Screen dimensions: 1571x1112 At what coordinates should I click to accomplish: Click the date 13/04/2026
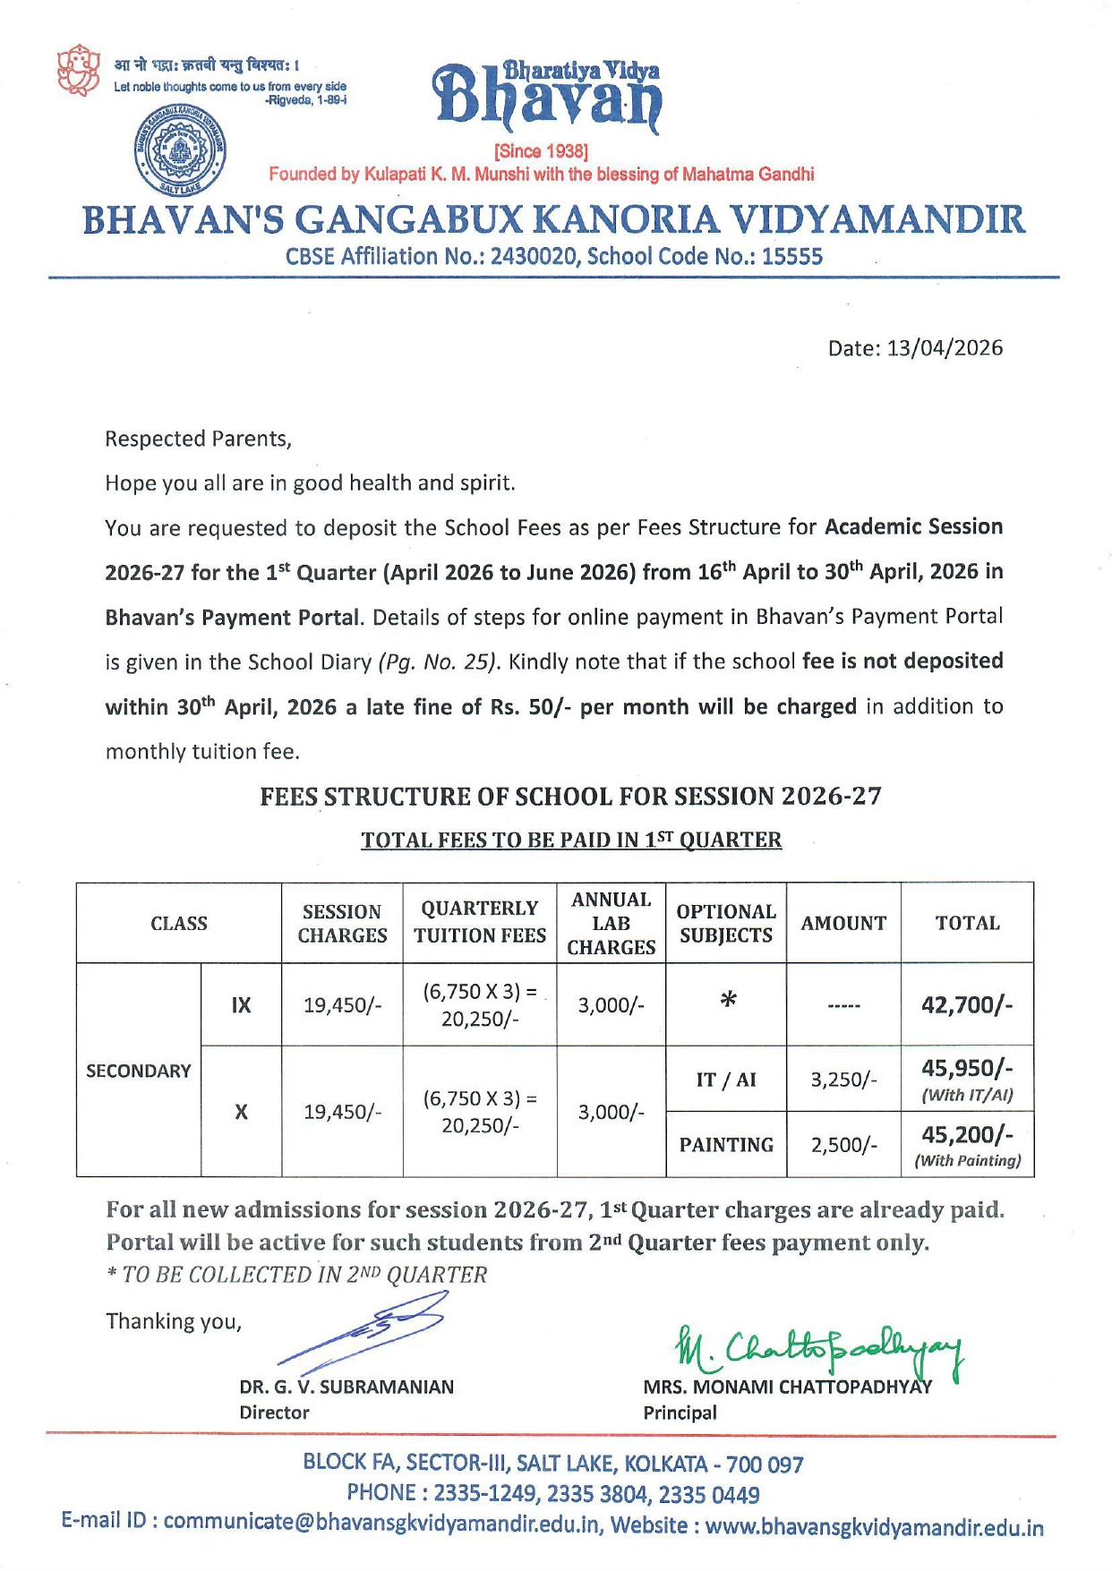945,348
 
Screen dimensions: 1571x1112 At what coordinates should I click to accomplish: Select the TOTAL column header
967,923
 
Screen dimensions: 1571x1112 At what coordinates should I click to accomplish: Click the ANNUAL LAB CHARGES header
612,923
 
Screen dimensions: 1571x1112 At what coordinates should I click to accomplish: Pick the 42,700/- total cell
967,1004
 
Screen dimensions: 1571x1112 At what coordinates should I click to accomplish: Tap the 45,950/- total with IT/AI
967,1069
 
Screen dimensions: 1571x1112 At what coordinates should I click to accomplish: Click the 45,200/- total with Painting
967,1135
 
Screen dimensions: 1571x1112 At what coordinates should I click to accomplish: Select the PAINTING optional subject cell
726,1145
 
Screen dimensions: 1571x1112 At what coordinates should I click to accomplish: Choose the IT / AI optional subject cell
726,1080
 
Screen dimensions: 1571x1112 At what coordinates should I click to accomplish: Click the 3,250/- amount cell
843,1080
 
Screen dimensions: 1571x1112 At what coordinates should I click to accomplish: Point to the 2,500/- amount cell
843,1145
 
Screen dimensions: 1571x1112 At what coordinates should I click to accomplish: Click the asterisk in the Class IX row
728,1001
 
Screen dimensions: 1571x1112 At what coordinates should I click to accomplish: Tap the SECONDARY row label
139,1071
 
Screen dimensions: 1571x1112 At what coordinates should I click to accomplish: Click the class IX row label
241,1005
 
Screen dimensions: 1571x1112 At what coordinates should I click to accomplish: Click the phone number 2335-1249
486,1494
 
